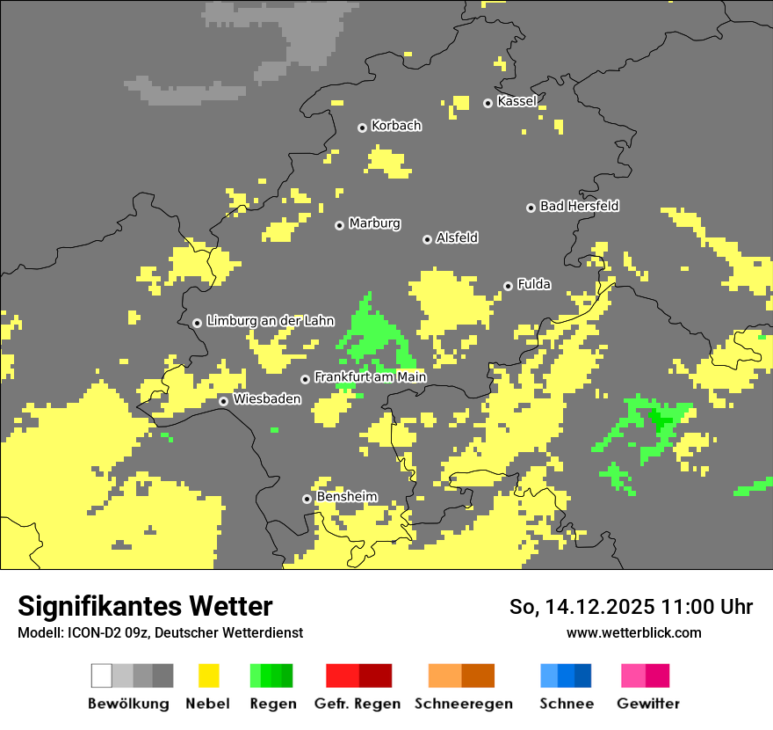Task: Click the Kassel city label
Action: click(x=517, y=101)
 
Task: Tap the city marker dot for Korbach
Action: click(x=362, y=128)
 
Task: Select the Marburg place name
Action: click(x=374, y=223)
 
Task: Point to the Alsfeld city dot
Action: click(x=427, y=239)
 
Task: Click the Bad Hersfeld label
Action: click(x=579, y=206)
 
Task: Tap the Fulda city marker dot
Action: click(x=508, y=286)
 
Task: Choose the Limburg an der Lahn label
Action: click(x=270, y=321)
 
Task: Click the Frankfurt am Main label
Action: click(x=370, y=377)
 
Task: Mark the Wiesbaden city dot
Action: click(x=224, y=401)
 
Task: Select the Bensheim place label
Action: click(x=346, y=497)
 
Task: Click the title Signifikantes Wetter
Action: click(x=145, y=606)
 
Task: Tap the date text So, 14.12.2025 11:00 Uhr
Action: click(x=631, y=607)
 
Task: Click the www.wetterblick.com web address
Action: click(x=633, y=632)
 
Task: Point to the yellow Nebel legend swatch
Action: click(x=208, y=675)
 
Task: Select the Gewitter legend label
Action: click(x=647, y=704)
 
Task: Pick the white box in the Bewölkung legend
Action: click(x=102, y=675)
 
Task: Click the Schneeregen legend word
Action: click(x=462, y=704)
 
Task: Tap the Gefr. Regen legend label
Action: click(x=357, y=704)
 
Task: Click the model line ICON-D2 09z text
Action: click(x=160, y=632)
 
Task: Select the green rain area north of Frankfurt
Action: click(x=373, y=331)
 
